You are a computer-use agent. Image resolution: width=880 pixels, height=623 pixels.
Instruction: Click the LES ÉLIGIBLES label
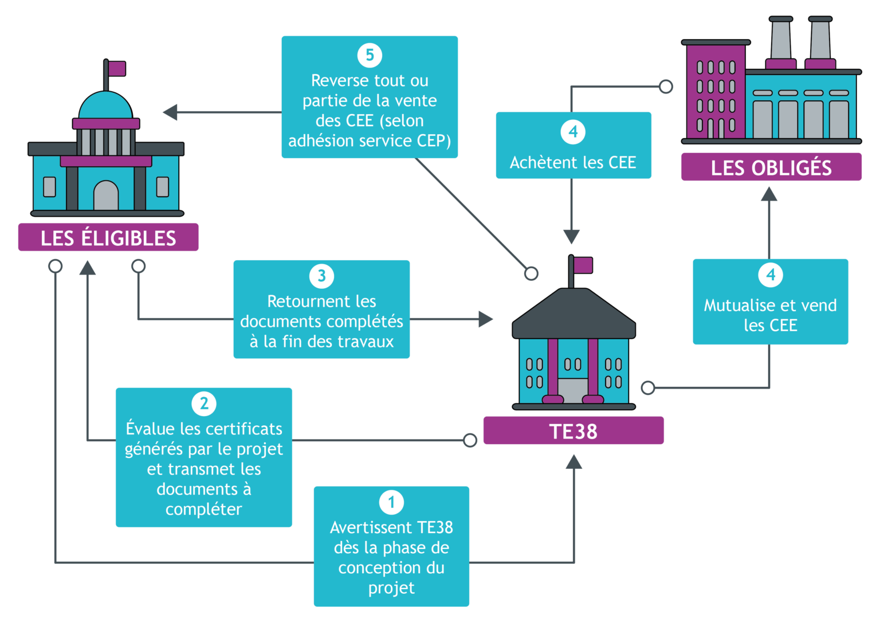click(108, 237)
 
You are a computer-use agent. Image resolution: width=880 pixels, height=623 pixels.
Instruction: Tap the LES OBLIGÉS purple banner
click(771, 167)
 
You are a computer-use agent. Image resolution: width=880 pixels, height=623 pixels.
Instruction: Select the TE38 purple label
click(573, 431)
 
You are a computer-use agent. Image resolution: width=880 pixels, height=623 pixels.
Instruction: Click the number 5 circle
click(370, 55)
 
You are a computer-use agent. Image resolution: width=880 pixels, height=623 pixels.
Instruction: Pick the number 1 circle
click(391, 502)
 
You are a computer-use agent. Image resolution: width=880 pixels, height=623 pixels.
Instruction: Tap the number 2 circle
click(204, 403)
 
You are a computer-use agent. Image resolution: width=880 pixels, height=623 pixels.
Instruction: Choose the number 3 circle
click(321, 276)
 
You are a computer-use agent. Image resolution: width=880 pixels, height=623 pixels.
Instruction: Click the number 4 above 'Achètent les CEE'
click(573, 131)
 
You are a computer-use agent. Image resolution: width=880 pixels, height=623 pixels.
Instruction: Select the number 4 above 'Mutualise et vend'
click(771, 275)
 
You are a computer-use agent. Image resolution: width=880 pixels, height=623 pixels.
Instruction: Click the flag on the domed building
click(117, 69)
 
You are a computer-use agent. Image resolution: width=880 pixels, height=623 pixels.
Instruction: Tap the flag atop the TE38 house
click(583, 265)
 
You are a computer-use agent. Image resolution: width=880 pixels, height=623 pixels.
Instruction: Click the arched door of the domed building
click(105, 196)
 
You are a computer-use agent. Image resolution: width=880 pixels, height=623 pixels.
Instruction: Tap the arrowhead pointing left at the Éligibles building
click(170, 112)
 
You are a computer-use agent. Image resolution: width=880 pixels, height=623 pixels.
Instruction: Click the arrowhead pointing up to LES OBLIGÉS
click(769, 194)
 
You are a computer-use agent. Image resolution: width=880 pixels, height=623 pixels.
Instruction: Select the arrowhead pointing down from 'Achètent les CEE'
click(571, 236)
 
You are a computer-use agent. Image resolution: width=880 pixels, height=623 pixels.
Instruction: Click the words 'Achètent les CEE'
click(573, 163)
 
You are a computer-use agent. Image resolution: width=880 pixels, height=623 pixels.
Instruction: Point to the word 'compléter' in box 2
click(204, 509)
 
